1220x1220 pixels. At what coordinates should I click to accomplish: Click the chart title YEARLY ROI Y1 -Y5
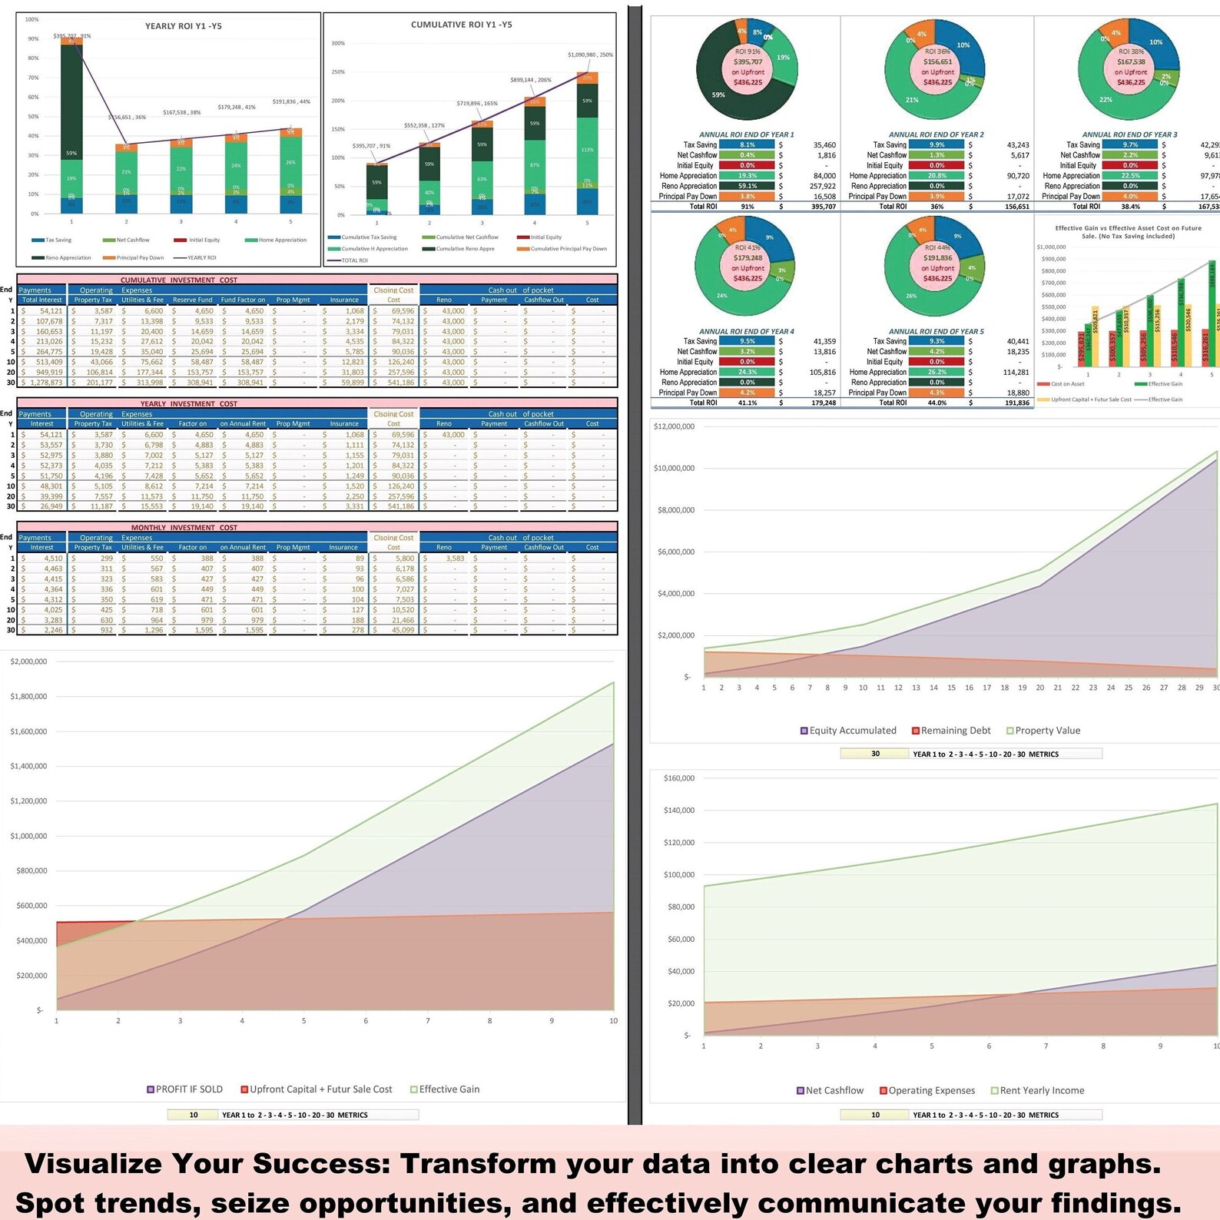click(183, 26)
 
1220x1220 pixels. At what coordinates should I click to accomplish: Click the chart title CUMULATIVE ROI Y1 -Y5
click(461, 25)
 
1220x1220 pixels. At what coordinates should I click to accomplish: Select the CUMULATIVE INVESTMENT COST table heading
click(178, 280)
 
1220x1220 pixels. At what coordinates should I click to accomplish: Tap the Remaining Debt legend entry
click(955, 731)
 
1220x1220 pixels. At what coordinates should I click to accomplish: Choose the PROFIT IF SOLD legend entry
click(188, 1089)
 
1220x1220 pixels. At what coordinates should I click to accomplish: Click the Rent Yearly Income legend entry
click(1041, 1090)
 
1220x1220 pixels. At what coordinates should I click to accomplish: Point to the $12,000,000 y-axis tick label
click(674, 426)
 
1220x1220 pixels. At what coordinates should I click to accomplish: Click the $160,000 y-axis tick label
click(678, 778)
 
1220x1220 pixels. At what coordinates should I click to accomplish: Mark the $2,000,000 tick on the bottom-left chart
click(28, 661)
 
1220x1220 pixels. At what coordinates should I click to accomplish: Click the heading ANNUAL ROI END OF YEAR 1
click(746, 134)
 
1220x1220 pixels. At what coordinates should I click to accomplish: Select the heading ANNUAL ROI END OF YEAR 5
click(936, 332)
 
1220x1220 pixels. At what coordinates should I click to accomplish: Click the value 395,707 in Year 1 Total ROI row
click(824, 207)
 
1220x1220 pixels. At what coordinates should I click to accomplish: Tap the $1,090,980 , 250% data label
click(590, 55)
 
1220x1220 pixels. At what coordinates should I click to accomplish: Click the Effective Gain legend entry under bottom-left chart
click(449, 1089)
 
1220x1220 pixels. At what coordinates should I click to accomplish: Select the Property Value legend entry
click(1047, 731)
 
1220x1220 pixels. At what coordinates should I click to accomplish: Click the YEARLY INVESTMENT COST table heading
click(188, 403)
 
